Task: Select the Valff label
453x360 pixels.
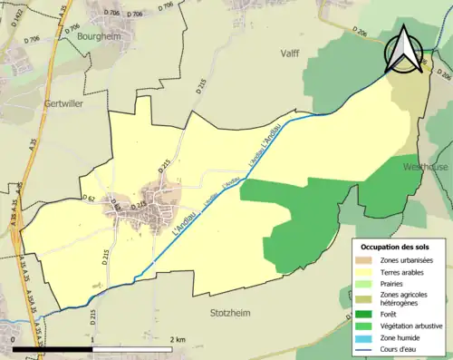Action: click(290, 54)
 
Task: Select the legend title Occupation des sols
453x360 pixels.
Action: click(396, 247)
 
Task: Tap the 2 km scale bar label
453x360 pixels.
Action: click(177, 339)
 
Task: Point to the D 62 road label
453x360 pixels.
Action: click(89, 198)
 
